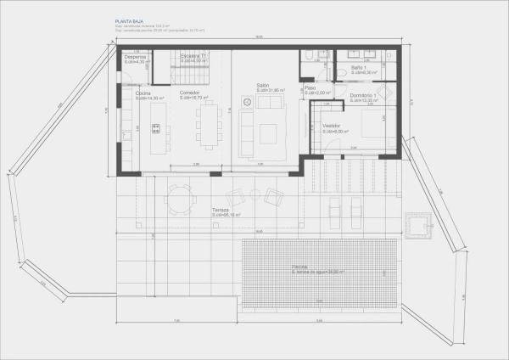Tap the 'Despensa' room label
[135, 56]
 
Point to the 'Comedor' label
[189, 92]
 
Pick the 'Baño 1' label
[359, 67]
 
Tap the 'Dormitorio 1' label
[363, 95]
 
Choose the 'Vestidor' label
[331, 126]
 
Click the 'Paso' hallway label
[310, 87]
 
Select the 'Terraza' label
[221, 209]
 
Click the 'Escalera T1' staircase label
[194, 56]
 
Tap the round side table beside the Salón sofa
[248, 102]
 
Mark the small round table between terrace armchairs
[256, 195]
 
